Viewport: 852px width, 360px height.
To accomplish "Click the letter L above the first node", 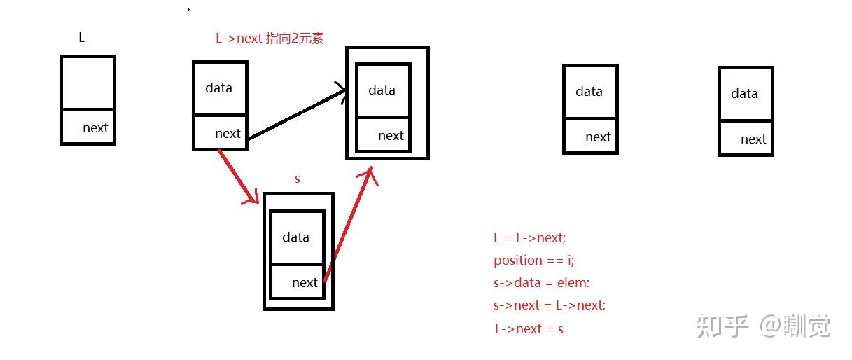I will click(82, 38).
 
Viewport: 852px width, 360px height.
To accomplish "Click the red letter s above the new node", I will click(298, 179).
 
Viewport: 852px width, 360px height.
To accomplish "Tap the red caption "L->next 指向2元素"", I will click(270, 39).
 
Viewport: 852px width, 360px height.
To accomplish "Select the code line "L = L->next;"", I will click(529, 237).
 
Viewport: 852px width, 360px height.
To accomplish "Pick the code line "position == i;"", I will click(533, 260).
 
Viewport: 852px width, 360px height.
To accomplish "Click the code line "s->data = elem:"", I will click(542, 282).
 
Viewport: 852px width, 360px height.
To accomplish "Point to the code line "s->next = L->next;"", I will click(550, 305).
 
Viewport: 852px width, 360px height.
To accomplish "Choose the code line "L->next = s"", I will click(529, 328).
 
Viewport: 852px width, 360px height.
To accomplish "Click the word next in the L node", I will click(95, 127).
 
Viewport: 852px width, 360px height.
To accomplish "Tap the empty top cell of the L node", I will click(88, 83).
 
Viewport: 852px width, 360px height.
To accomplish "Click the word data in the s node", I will click(295, 237).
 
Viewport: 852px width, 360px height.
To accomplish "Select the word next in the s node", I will click(305, 282).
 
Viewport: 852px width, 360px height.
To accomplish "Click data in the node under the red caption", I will click(218, 88).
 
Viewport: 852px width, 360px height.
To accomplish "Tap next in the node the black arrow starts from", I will click(228, 133).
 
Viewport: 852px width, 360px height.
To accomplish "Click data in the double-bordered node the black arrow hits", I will click(382, 90).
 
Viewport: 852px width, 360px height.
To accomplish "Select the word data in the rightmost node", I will click(744, 93).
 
